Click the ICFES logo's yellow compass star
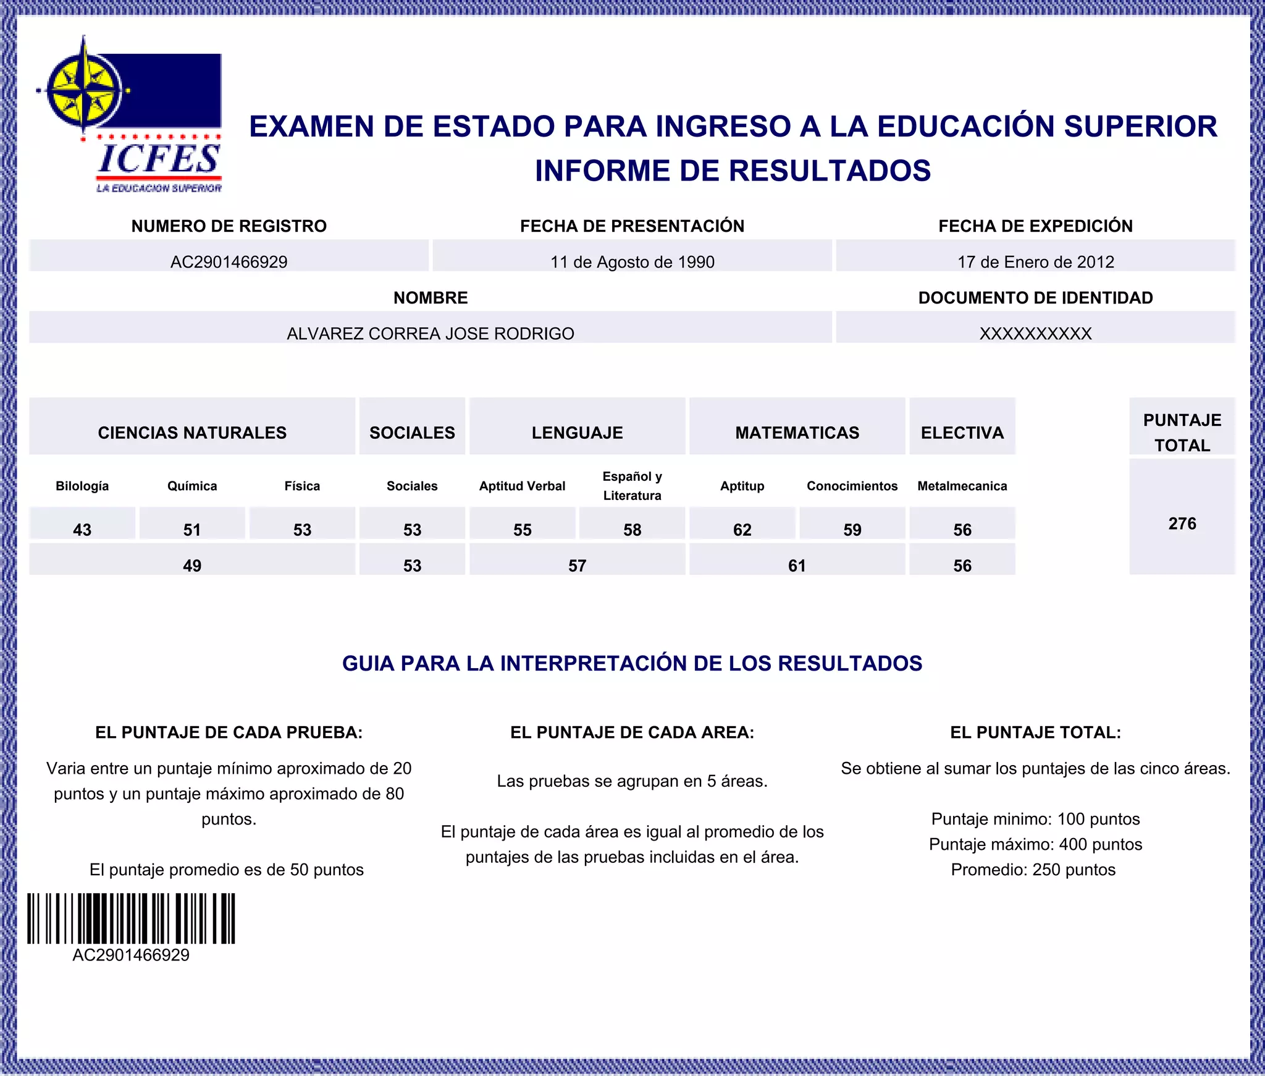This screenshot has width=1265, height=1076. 85,90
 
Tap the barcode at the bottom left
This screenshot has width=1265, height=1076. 131,918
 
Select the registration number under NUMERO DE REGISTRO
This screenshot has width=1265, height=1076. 229,261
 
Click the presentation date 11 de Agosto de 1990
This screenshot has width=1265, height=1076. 632,261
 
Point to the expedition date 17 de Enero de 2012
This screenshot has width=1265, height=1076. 1035,261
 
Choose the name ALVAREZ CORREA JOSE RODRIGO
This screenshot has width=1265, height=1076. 431,333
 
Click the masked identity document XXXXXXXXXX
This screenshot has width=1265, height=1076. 1035,333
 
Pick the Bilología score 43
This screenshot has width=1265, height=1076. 82,529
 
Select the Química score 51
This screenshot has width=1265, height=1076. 192,529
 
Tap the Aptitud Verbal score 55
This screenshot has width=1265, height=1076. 523,529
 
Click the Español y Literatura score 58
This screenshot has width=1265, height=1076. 632,529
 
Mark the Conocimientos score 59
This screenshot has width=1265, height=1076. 852,529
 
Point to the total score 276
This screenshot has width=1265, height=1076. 1182,523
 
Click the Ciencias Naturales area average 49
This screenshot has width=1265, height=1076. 192,565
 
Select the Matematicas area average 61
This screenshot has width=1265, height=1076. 797,565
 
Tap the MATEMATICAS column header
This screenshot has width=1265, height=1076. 797,433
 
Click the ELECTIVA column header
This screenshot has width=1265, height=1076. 962,433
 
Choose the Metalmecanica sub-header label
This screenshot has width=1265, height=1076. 962,486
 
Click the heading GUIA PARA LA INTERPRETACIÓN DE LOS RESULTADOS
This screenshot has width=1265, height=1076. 632,663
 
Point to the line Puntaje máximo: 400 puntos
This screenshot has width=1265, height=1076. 1035,844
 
